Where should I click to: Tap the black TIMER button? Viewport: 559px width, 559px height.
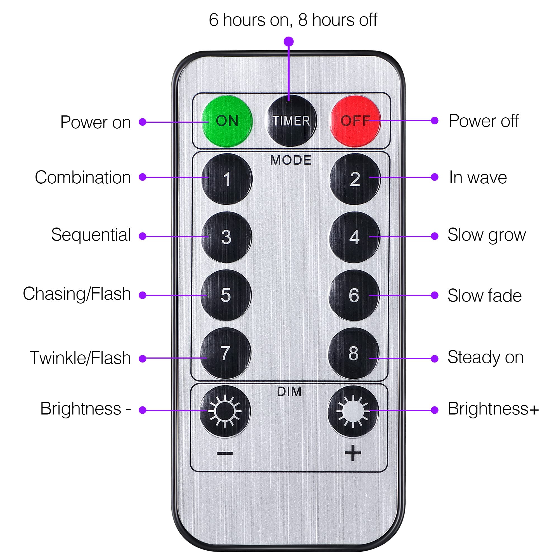[x=291, y=121]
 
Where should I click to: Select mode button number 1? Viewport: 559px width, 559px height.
[x=227, y=179]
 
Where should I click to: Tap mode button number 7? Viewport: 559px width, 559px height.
[x=225, y=353]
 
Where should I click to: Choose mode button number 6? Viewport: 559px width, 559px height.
[x=354, y=295]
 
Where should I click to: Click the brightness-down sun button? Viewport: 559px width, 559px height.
[x=225, y=411]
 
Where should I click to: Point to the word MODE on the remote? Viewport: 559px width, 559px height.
[x=291, y=160]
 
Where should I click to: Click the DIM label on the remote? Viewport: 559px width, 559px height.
[x=289, y=392]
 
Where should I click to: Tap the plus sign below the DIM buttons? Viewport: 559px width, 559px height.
[x=353, y=453]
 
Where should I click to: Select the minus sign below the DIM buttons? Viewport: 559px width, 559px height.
[x=225, y=453]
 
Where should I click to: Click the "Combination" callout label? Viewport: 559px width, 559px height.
[x=83, y=177]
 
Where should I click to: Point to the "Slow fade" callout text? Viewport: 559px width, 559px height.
[x=484, y=296]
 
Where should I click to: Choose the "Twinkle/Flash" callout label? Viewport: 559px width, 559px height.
[x=80, y=358]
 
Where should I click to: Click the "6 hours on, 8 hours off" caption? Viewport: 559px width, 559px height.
[x=293, y=20]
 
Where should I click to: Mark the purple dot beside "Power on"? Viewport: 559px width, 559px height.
[x=142, y=122]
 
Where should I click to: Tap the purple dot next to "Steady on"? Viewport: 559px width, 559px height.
[x=434, y=359]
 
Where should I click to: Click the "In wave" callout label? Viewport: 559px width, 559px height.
[x=478, y=178]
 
